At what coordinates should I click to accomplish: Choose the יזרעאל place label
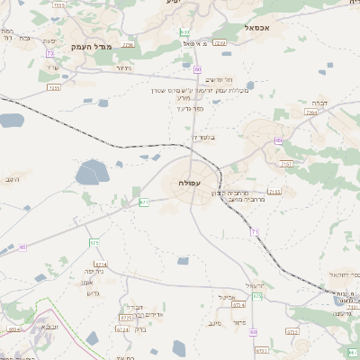255,285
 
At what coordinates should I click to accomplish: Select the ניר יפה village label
94,271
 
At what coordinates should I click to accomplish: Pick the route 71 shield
255,232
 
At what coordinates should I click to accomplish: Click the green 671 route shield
143,202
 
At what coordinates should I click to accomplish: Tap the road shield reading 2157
286,164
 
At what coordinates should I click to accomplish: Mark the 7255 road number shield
54,87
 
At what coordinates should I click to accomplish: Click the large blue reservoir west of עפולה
91,171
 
